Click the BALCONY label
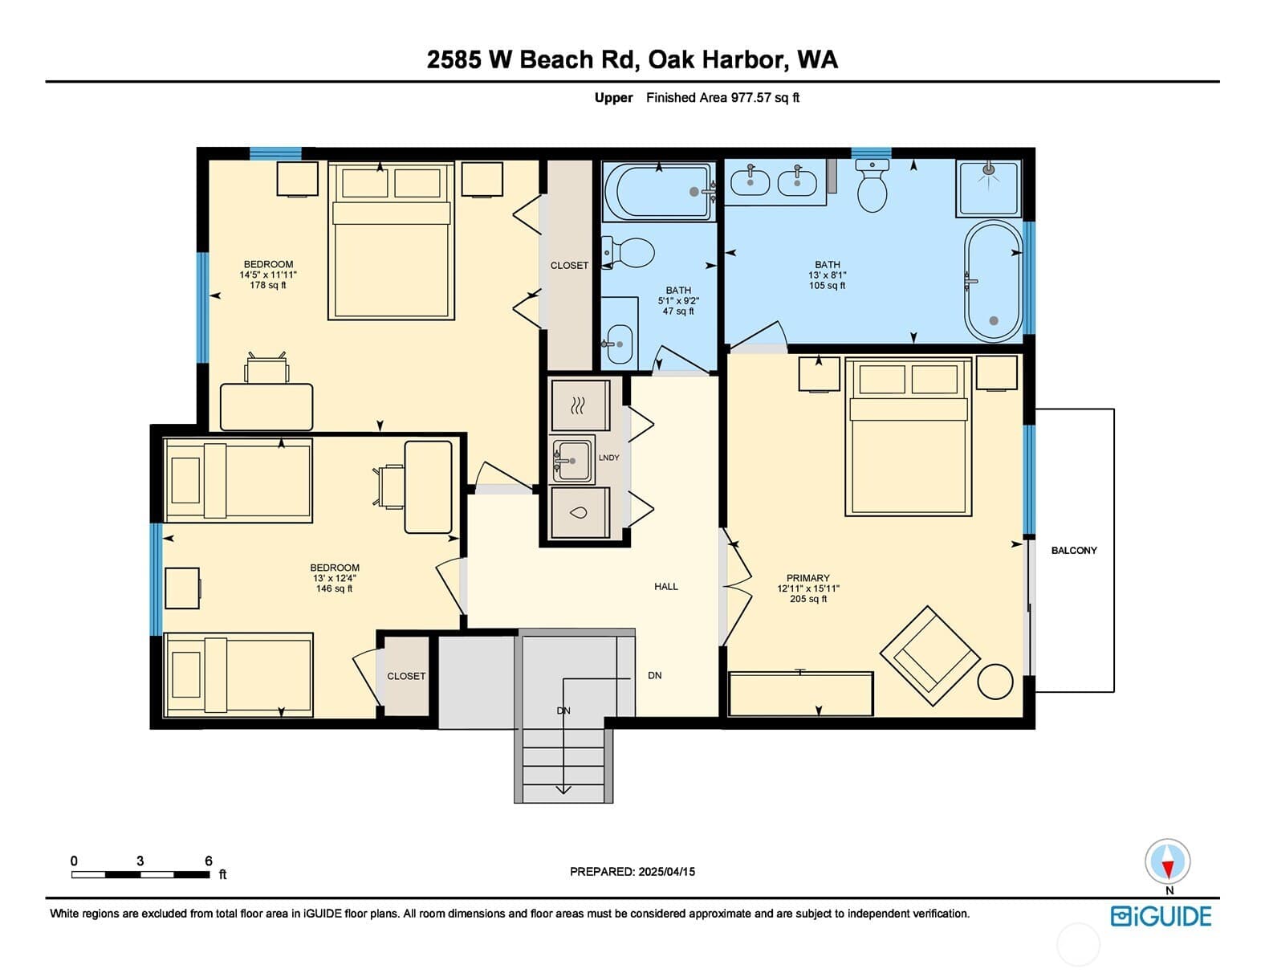click(x=1073, y=550)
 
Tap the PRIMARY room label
click(x=807, y=577)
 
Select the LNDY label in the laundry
click(x=608, y=458)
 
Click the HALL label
click(x=666, y=586)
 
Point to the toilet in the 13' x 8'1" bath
click(x=872, y=185)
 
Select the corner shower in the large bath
click(x=988, y=188)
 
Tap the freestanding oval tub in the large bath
click(x=993, y=281)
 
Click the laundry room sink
click(x=571, y=461)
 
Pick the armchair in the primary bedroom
click(x=929, y=656)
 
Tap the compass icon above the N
click(x=1167, y=861)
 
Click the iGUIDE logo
click(x=1161, y=917)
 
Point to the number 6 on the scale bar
click(x=209, y=861)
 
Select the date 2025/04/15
click(x=666, y=872)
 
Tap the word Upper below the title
click(x=613, y=98)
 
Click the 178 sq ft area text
click(x=268, y=285)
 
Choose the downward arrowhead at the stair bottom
click(x=563, y=789)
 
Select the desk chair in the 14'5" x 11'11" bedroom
click(x=266, y=368)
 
